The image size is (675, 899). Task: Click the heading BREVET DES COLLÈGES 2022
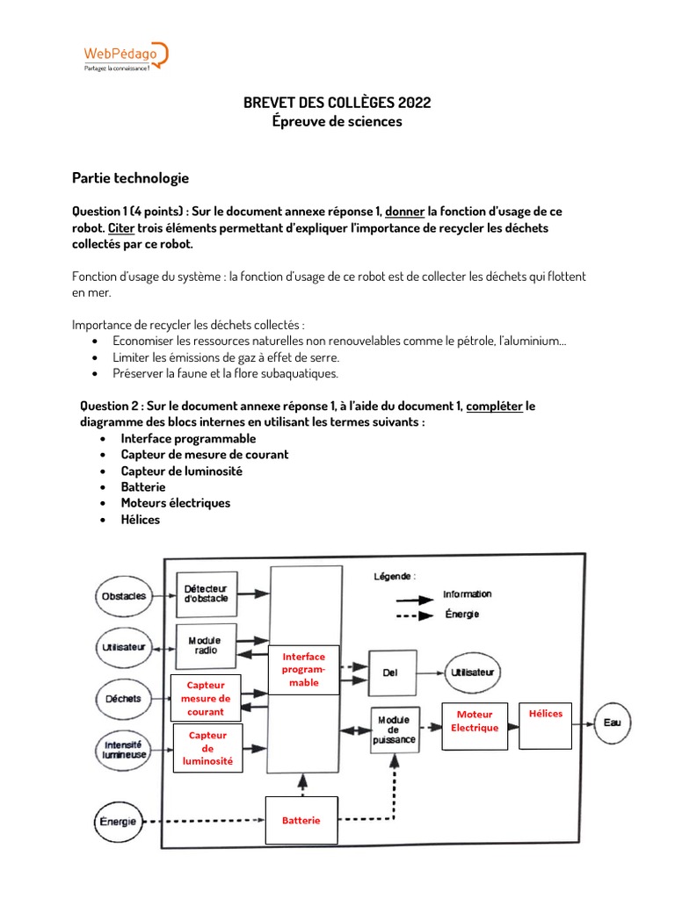[x=337, y=103]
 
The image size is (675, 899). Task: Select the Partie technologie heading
[x=130, y=178]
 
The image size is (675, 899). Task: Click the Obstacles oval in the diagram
[x=124, y=596]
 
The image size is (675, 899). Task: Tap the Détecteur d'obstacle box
[x=207, y=593]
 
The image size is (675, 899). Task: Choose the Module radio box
[x=206, y=645]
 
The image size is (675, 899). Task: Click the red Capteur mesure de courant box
[x=206, y=698]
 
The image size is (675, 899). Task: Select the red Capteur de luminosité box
[x=207, y=748]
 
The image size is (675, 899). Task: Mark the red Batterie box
[x=301, y=820]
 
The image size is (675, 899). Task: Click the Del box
[x=391, y=672]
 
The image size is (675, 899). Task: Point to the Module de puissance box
[x=394, y=729]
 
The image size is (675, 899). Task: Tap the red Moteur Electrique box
[x=475, y=722]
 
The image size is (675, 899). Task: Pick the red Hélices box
[x=545, y=724]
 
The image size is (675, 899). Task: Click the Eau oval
[x=612, y=723]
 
